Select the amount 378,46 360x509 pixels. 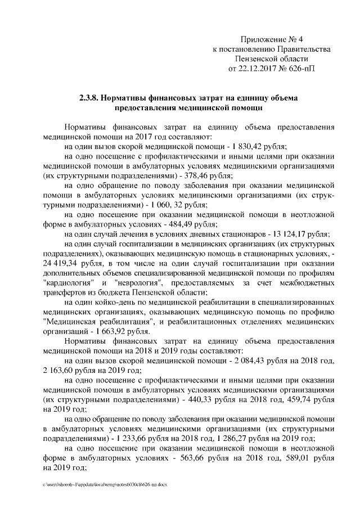(x=192, y=176)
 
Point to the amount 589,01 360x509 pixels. (x=282, y=458)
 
